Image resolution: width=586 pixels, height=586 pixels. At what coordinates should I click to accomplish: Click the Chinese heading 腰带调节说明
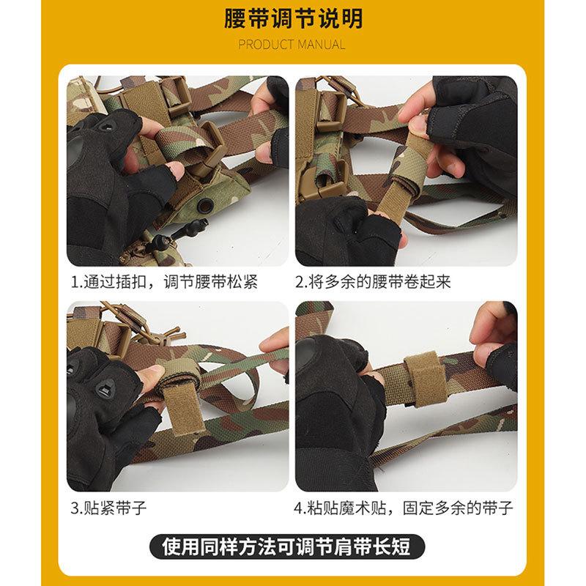(293, 19)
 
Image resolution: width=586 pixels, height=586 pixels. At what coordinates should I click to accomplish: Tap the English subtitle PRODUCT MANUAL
(292, 45)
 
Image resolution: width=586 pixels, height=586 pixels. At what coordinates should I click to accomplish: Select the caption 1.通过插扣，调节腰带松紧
(164, 282)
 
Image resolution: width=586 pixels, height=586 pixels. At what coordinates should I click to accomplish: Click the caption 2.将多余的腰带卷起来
(373, 282)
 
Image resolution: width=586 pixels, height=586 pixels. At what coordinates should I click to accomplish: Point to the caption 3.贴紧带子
(108, 508)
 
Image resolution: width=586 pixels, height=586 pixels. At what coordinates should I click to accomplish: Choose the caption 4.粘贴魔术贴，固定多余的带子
(404, 508)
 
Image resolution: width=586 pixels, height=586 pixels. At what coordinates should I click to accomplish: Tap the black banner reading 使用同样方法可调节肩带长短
(287, 546)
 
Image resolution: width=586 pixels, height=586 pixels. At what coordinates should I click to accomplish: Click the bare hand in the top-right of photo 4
(492, 336)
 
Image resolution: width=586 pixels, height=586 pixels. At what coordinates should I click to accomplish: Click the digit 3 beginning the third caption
(75, 508)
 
